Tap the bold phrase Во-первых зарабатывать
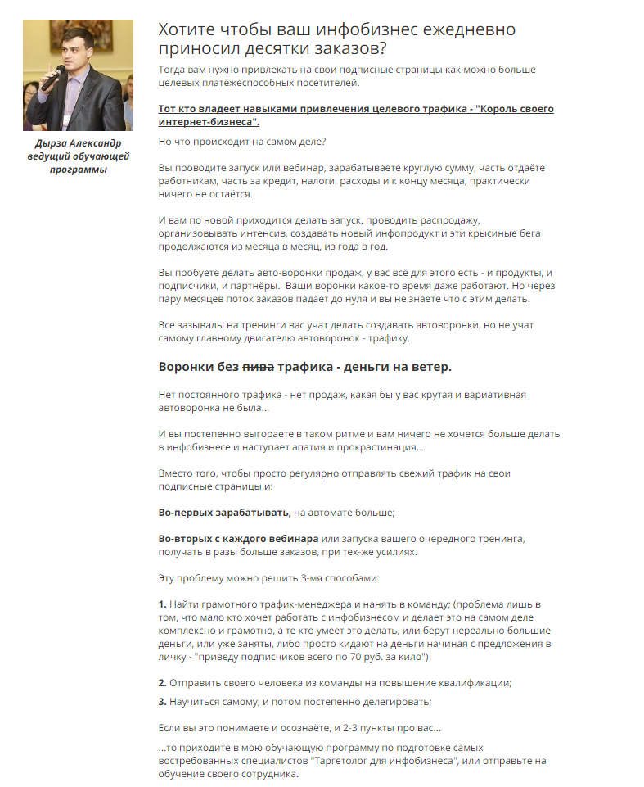click(x=223, y=512)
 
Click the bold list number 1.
click(x=162, y=604)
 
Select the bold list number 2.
click(x=162, y=682)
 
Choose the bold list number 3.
click(x=162, y=702)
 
